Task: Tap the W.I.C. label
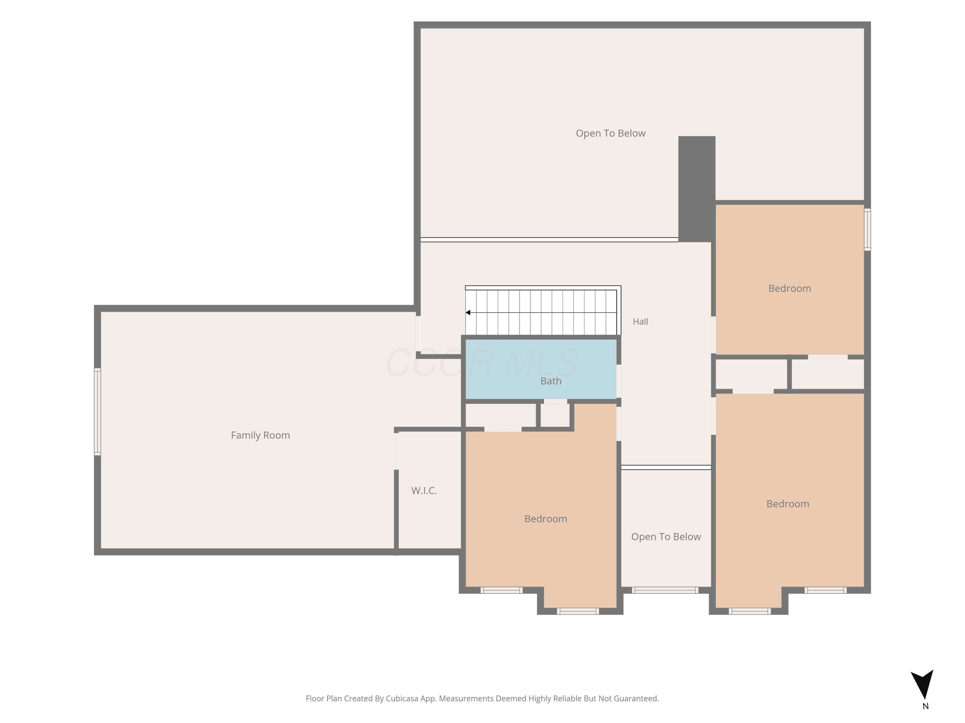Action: click(x=424, y=490)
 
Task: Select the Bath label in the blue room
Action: click(x=551, y=381)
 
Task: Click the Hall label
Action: click(x=640, y=322)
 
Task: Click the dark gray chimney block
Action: click(x=697, y=189)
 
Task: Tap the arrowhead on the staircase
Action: click(x=468, y=312)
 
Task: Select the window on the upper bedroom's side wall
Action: click(x=867, y=230)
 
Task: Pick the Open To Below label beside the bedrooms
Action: click(x=666, y=537)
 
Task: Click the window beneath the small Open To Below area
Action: click(x=665, y=590)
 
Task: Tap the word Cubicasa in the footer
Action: click(x=402, y=699)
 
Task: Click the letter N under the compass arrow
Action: click(x=925, y=706)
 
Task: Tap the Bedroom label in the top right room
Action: click(x=790, y=289)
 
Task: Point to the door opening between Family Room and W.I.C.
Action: click(x=396, y=451)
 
